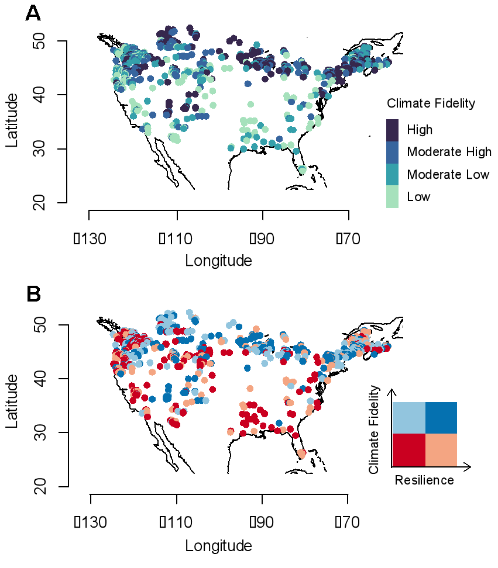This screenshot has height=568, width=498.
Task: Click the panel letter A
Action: (33, 13)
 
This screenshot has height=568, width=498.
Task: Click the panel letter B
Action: (33, 295)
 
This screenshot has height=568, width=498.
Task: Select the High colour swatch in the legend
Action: (393, 130)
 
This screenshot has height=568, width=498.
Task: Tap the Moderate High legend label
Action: (449, 152)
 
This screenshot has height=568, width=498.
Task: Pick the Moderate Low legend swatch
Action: (393, 174)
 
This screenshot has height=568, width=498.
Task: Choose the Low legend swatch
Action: (393, 197)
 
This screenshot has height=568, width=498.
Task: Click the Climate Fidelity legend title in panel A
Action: (430, 104)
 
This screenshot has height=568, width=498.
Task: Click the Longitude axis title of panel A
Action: (218, 261)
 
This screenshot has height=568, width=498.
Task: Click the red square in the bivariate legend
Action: (408, 449)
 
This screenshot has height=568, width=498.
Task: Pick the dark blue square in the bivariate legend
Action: (441, 417)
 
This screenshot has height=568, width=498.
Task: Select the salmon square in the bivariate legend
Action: (441, 449)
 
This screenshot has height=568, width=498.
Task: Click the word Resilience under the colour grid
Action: (424, 480)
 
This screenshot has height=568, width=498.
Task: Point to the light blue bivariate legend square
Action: (408, 417)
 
